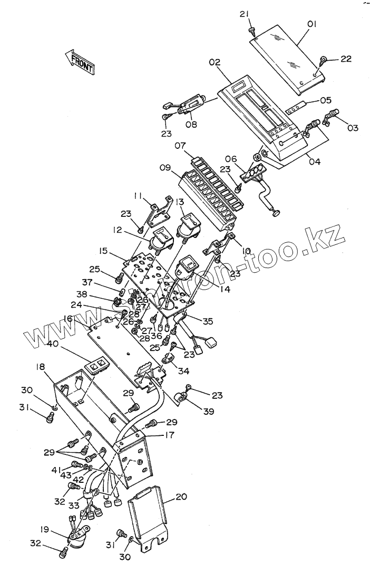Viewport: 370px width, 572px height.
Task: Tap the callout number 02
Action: click(x=214, y=62)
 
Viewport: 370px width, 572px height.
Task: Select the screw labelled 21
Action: click(x=252, y=31)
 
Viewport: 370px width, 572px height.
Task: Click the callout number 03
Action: click(x=352, y=128)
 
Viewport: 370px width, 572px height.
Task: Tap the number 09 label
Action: click(x=164, y=168)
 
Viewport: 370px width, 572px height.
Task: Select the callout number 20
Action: click(x=181, y=497)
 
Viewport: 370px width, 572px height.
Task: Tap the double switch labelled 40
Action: click(x=99, y=365)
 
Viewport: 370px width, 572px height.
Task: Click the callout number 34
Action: click(x=183, y=371)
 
